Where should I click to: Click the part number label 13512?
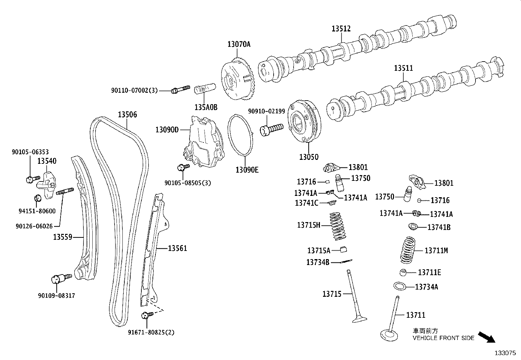tap(341, 28)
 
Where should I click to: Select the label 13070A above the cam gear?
tap(239, 44)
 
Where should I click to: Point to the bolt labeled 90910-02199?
tap(271, 128)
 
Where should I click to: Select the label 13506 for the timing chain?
tap(127, 115)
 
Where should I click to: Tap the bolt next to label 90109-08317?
tap(62, 278)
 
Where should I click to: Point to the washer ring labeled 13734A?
tap(400, 286)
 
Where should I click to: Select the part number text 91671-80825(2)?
tap(151, 332)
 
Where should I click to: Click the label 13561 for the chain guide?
tap(177, 248)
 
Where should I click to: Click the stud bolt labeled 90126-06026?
tap(65, 191)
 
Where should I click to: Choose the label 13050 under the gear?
tap(308, 157)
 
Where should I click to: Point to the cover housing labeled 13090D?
tap(202, 144)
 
